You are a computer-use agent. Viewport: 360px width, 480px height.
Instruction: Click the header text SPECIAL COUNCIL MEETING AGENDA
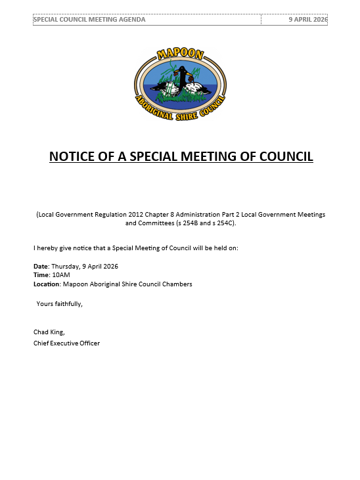coord(89,20)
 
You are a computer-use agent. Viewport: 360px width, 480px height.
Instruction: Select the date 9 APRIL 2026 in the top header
coord(307,20)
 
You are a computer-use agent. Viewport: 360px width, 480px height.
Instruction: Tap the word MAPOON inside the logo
coord(180,56)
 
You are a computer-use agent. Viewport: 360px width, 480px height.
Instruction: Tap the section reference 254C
coord(223,223)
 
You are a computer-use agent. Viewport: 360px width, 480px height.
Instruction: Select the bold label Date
coord(41,266)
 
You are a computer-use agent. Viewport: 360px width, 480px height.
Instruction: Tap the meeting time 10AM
coord(61,275)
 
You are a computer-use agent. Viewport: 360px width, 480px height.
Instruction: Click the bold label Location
coord(46,284)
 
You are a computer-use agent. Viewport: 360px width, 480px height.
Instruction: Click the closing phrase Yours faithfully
coord(59,303)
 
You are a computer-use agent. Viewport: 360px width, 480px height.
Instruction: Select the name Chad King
coord(49,332)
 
